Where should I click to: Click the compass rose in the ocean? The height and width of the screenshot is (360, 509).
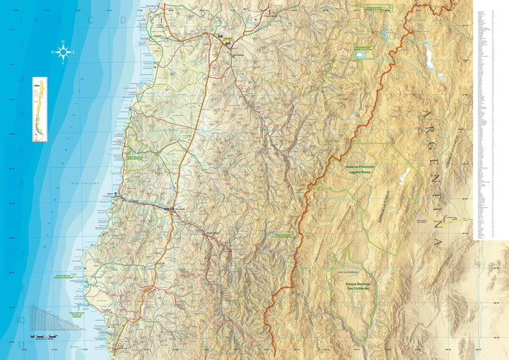[63, 52]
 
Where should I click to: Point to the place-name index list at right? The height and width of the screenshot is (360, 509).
[489, 120]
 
